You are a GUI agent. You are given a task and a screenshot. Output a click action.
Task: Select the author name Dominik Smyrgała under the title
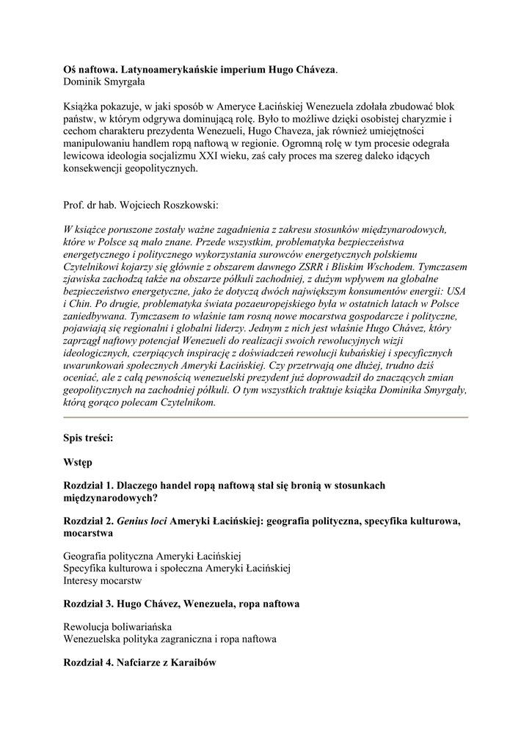105,82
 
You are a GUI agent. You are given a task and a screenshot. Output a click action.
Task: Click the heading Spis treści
88,438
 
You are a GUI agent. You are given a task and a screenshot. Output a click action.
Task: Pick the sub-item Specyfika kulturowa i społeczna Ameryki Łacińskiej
178,568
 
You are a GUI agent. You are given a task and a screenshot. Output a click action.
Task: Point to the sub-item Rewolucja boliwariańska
117,627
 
